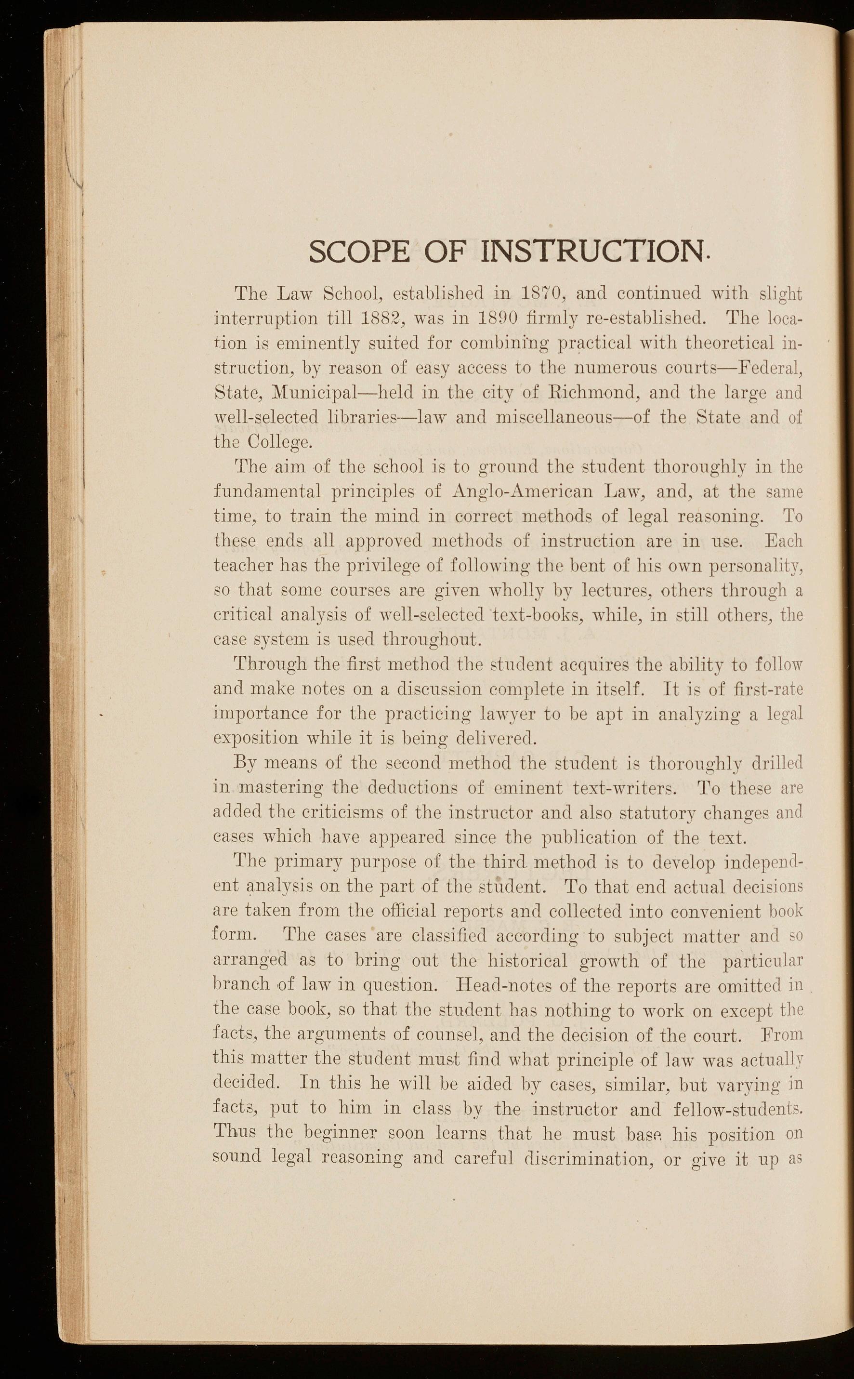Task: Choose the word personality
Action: point(749,565)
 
